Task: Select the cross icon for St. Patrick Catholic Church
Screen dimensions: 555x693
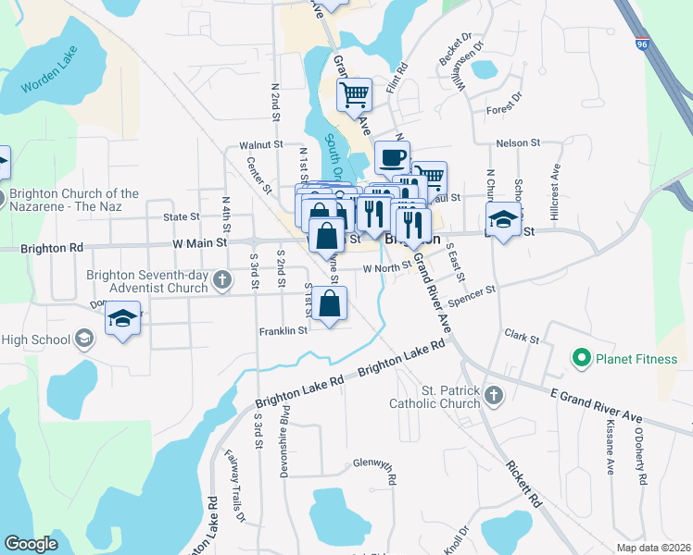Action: click(494, 396)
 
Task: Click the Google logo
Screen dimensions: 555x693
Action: click(31, 544)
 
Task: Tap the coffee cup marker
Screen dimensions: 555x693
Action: click(392, 156)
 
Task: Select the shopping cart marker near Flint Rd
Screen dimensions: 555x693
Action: click(354, 94)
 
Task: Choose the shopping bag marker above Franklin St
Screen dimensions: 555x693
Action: click(329, 302)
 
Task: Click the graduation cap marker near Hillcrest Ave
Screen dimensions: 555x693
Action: click(502, 219)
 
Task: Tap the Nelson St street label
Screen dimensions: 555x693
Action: click(517, 142)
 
